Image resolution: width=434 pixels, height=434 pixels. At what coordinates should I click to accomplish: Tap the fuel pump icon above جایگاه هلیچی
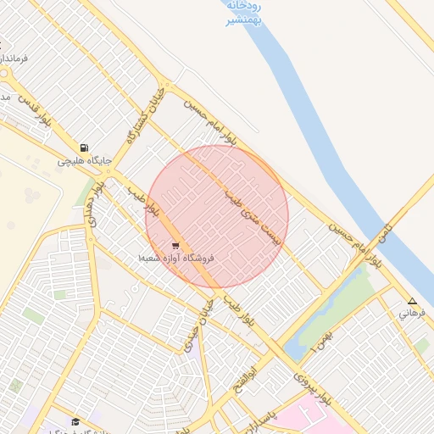coord(83,147)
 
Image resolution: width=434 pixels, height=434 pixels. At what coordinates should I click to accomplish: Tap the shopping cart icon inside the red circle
coord(175,246)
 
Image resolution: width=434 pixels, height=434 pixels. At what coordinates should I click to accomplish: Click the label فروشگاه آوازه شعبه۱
coord(178,257)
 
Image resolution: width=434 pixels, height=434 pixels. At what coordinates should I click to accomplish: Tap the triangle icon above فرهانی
coord(413,301)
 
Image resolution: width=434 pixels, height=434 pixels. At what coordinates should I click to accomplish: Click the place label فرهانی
coord(411,313)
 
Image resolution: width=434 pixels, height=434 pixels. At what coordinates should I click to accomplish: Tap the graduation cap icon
coord(75,422)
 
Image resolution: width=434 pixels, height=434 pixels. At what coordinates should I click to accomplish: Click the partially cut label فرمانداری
coord(14,58)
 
